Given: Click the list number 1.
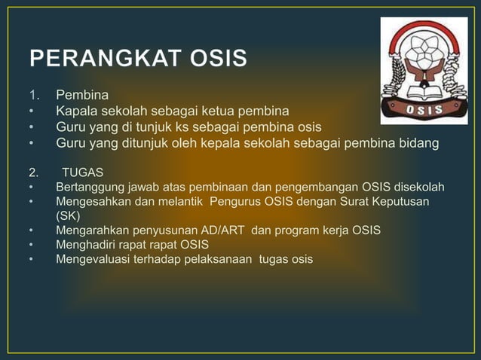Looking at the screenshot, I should point(33,96).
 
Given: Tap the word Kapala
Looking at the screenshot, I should point(77,111).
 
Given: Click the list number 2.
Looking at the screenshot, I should point(33,171).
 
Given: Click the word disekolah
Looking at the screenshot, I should point(417,186).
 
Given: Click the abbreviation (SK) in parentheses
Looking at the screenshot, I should point(69,215).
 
